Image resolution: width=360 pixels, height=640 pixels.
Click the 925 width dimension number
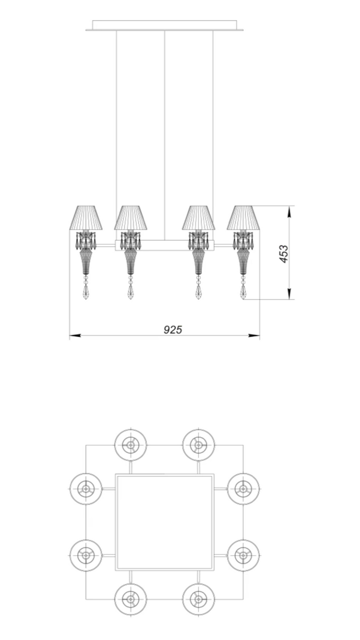pyautogui.click(x=173, y=329)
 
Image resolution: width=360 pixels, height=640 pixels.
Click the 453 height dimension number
pyautogui.click(x=284, y=254)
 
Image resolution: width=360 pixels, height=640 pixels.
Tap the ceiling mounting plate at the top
pyautogui.click(x=165, y=25)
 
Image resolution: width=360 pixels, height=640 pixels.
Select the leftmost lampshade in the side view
pyautogui.click(x=86, y=218)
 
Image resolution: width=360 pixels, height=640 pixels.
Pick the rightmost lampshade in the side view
pyautogui.click(x=243, y=218)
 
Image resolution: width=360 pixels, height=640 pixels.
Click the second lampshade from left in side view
pyautogui.click(x=131, y=218)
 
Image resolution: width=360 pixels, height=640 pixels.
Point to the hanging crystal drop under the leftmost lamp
pyautogui.click(x=85, y=292)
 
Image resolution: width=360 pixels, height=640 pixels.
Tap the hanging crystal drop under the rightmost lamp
pyautogui.click(x=243, y=292)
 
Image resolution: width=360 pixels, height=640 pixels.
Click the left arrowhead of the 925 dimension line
pyautogui.click(x=75, y=335)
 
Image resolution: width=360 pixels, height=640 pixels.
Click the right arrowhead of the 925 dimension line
pyautogui.click(x=254, y=335)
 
